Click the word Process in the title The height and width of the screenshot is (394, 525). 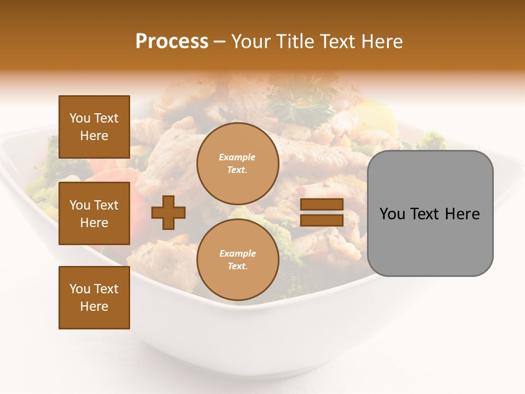click(172, 42)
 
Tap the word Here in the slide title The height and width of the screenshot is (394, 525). click(381, 42)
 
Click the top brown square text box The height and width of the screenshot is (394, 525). click(94, 127)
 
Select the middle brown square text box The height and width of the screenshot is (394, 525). click(94, 213)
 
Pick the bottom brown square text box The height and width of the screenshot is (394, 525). click(94, 298)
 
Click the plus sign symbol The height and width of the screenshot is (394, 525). click(168, 213)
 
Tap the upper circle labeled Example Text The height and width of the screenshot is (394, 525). click(237, 164)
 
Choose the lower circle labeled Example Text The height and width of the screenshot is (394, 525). click(237, 260)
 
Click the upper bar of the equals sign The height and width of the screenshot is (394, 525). click(322, 205)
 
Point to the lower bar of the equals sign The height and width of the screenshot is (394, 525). click(322, 220)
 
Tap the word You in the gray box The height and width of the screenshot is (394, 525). click(392, 214)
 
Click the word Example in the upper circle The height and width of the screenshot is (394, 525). click(237, 157)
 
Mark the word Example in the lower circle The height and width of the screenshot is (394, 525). click(237, 253)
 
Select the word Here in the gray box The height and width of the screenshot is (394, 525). click(462, 214)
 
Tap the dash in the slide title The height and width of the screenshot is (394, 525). click(220, 42)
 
